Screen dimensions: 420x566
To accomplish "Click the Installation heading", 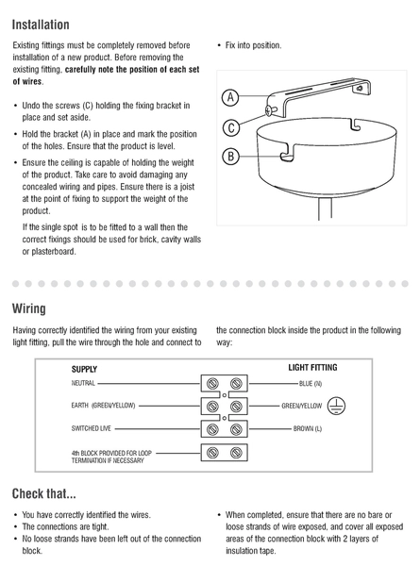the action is click(41, 25).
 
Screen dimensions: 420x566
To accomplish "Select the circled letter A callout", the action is click(230, 97).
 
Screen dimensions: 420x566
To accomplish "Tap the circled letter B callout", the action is click(230, 157).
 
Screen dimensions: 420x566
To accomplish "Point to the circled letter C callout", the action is click(231, 127).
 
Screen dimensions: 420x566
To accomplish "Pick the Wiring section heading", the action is click(29, 308).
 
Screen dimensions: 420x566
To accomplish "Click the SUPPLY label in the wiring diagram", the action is click(84, 369).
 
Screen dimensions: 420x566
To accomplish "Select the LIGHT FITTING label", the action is click(312, 368).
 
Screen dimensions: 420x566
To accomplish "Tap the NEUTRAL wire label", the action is click(83, 383).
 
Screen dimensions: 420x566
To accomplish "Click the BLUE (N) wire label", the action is click(311, 383).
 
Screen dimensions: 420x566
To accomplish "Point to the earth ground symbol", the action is click(336, 406).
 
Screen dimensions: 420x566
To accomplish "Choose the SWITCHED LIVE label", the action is click(91, 428).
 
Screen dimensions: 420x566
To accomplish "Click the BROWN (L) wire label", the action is click(308, 428).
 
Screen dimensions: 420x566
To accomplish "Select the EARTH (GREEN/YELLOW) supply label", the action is click(103, 406).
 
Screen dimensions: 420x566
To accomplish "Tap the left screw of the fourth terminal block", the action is click(212, 452).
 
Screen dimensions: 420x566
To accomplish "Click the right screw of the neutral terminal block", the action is click(236, 383).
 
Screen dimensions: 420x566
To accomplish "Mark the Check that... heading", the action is click(44, 493).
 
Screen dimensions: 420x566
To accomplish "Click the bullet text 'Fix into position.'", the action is click(254, 45).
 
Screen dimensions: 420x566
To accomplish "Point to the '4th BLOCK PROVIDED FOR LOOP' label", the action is click(111, 453).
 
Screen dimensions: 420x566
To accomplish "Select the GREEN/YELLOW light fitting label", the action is click(301, 406).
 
